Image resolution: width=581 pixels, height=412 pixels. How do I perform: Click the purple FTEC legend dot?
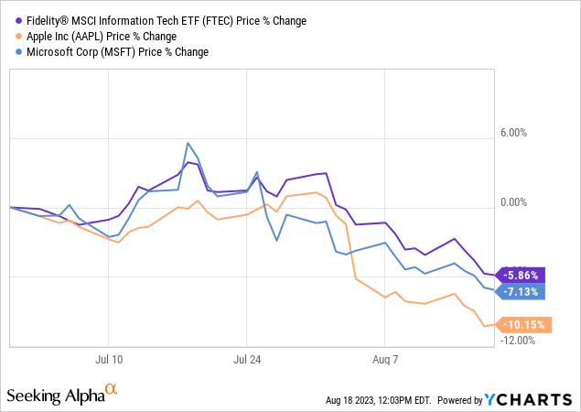17,21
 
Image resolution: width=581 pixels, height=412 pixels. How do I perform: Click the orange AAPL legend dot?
17,37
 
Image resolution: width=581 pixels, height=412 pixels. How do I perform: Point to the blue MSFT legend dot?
17,52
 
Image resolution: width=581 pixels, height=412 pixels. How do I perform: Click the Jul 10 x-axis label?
109,358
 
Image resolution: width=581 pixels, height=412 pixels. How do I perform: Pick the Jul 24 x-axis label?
247,358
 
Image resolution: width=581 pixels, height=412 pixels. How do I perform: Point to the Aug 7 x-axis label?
385,358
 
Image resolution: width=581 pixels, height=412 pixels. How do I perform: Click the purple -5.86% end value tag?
522,275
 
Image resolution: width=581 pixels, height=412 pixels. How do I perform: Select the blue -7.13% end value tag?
522,292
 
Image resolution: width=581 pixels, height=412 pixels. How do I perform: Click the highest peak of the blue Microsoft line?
188,143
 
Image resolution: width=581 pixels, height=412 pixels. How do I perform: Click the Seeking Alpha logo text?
55,396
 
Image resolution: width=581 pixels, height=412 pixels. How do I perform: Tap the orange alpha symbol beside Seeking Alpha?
112,390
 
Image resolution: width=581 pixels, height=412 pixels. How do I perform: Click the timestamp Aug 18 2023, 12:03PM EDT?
379,401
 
